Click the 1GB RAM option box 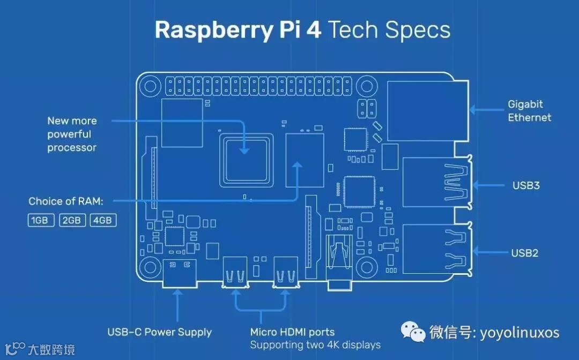point(41,220)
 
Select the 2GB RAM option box point(72,220)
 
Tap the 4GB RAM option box point(103,220)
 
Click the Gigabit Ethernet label point(529,111)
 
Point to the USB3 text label point(525,186)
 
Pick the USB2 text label point(525,253)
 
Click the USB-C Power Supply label point(159,332)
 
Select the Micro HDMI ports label point(292,332)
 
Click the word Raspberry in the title point(213,31)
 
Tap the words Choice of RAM point(65,201)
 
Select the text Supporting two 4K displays point(315,344)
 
